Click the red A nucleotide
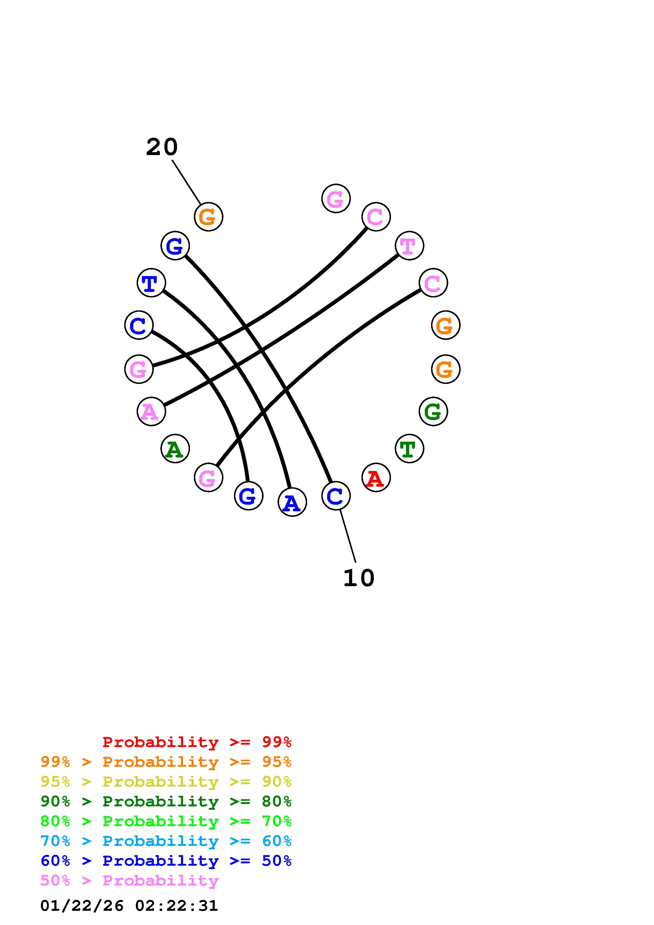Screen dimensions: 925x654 coord(376,478)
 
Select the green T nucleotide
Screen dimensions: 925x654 coord(409,449)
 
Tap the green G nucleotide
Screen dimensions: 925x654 coord(433,411)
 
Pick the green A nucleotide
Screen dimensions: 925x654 coord(175,449)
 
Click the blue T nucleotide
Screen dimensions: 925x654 coord(151,283)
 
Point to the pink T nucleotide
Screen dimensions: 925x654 coord(409,246)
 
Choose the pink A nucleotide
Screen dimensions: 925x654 coord(151,411)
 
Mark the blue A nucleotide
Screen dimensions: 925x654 coord(292,502)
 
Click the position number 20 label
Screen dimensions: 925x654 coord(161,147)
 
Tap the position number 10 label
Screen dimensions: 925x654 coord(359,578)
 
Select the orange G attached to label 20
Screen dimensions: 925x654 coord(208,217)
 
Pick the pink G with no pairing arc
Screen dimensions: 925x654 coord(336,198)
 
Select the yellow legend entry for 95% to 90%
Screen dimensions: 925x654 coord(166,782)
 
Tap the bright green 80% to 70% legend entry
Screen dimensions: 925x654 coord(166,821)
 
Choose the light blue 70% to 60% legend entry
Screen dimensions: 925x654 coord(166,841)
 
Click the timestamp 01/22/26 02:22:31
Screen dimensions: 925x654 coord(129,906)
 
